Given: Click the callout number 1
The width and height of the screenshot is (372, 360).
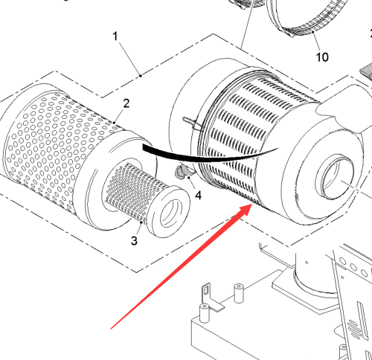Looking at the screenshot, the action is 115,36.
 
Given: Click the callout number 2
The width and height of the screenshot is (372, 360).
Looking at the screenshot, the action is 126,103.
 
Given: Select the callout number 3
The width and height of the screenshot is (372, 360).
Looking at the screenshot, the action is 134,240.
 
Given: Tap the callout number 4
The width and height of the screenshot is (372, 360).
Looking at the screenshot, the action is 198,196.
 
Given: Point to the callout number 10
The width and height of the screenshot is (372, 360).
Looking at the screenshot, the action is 322,57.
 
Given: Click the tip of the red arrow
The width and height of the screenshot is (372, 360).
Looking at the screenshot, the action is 252,204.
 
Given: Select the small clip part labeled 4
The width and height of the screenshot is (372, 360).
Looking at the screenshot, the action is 182,172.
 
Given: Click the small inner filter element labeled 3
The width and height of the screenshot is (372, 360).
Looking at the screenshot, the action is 147,199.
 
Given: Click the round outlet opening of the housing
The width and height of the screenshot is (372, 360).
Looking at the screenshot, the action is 335,176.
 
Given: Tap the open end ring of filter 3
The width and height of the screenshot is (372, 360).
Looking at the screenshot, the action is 171,213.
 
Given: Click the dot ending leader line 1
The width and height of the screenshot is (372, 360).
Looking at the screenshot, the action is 141,76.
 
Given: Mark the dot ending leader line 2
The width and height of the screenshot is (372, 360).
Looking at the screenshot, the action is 115,123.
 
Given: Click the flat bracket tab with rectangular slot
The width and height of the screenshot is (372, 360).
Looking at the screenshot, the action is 211,298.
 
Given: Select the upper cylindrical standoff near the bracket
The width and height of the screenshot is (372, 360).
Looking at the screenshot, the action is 239,293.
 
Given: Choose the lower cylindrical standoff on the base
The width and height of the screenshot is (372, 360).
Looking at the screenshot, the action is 205,313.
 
